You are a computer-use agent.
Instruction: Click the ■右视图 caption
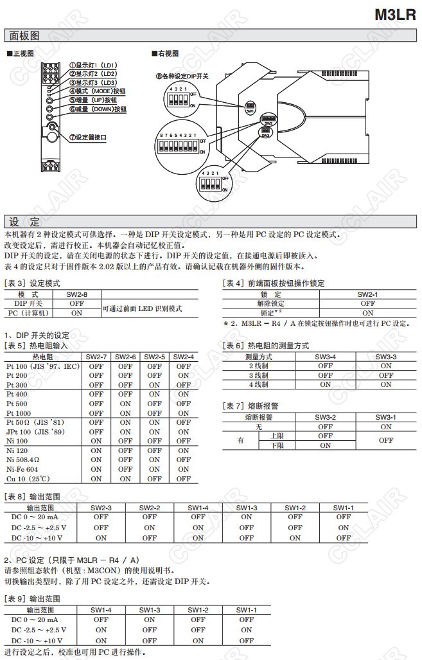pyautogui.click(x=165, y=53)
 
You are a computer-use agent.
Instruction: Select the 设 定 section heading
pyautogui.click(x=24, y=222)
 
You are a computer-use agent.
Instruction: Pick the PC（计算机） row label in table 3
pyautogui.click(x=29, y=312)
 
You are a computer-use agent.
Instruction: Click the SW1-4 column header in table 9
pyautogui.click(x=101, y=609)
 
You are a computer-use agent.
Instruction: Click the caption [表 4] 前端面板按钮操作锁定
pyautogui.click(x=274, y=283)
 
